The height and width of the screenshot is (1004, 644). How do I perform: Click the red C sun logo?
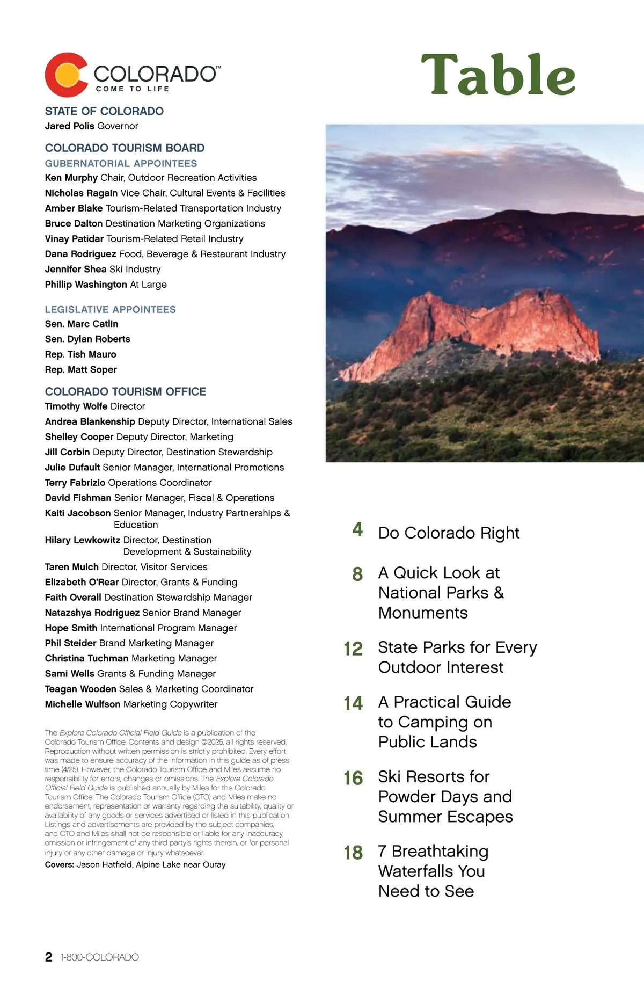coord(66,75)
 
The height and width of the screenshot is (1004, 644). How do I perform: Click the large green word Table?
coord(498,75)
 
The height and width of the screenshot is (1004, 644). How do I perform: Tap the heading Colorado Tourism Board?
coord(125,148)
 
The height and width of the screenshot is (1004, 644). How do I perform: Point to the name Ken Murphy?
coord(71,178)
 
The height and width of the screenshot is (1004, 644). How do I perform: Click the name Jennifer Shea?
coord(76,270)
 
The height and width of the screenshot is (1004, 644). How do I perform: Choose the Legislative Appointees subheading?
coord(110,310)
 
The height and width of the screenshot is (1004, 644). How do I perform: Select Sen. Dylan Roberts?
coord(87,339)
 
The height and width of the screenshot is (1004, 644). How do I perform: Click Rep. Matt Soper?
coord(80,370)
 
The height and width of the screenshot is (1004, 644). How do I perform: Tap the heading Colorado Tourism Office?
coord(126,392)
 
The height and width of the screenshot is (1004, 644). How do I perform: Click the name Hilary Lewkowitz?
coord(83,540)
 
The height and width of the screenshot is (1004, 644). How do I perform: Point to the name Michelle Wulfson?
coord(83,704)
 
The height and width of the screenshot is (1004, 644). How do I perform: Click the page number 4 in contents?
coord(357,530)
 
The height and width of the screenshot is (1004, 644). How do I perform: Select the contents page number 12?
coord(353,649)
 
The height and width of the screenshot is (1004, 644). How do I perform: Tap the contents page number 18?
coord(353,853)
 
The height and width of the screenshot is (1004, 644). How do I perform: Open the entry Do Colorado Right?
coord(449,533)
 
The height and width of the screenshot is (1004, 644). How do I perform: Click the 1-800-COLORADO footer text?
coord(100,957)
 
